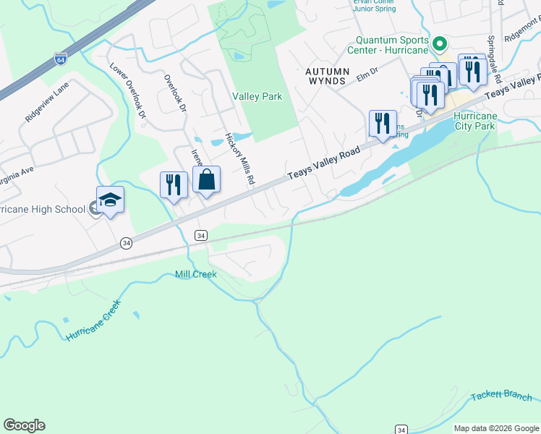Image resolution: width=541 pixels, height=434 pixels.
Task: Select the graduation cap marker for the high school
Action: coord(110,200)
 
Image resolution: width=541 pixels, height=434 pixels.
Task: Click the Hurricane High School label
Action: coord(43,210)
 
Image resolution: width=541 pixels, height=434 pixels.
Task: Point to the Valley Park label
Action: coord(257,96)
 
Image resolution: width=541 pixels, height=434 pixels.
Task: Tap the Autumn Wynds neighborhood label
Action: coord(328,77)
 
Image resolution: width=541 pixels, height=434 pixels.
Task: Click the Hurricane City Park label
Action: coord(475,121)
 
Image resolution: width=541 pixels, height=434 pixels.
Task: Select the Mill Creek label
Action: coord(195,274)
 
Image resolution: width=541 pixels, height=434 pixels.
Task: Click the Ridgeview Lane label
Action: coord(47,101)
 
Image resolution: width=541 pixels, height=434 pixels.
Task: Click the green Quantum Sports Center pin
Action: coord(439,46)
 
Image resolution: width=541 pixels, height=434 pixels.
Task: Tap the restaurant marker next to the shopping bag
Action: coord(173,184)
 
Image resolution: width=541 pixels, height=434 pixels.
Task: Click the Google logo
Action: coord(24,425)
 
